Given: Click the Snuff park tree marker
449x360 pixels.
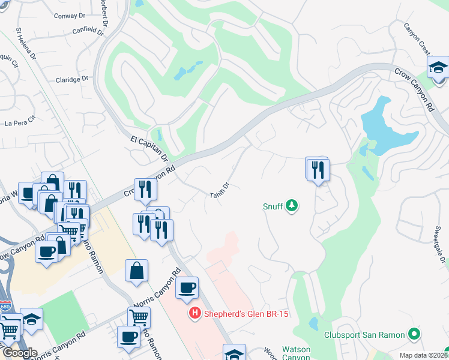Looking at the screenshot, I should click(x=292, y=206).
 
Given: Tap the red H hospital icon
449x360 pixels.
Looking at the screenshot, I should click(x=194, y=313).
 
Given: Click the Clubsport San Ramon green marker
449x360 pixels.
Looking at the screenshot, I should click(x=414, y=334).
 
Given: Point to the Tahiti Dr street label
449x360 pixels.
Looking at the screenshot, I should click(x=220, y=191).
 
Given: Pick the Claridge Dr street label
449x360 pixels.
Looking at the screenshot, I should click(x=72, y=79).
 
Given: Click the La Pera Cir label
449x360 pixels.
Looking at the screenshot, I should click(x=17, y=124).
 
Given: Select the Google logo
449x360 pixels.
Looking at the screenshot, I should click(x=20, y=353).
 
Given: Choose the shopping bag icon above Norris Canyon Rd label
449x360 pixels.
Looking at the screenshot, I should click(x=137, y=269).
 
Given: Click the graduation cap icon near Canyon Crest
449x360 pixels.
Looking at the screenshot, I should click(x=439, y=67).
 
